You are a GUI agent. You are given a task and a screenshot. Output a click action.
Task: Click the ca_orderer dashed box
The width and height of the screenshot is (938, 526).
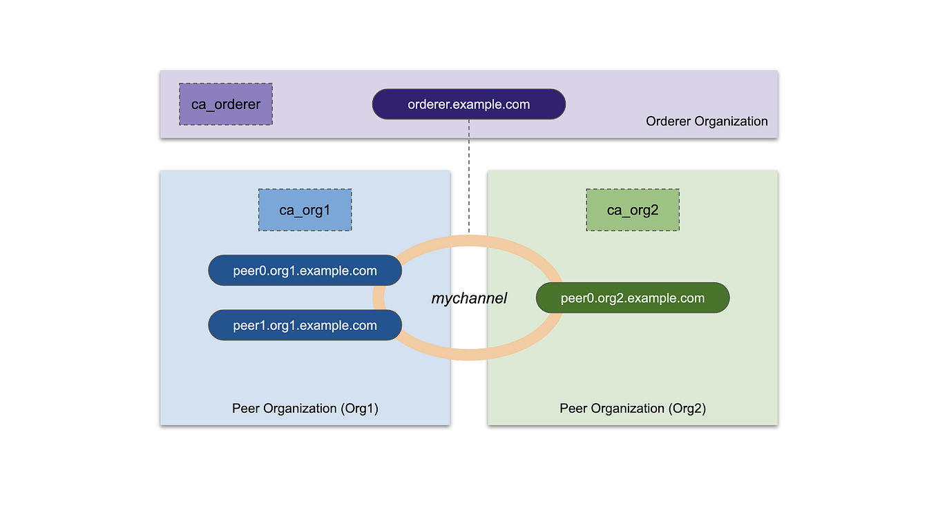click(226, 104)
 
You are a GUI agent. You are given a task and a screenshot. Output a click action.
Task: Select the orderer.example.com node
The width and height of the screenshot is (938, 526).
click(468, 104)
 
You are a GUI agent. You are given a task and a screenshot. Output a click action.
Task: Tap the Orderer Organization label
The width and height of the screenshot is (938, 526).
click(707, 121)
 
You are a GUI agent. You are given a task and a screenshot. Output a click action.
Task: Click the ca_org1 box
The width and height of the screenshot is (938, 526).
click(305, 210)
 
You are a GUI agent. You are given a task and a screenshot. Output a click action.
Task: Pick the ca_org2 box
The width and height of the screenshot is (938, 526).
click(633, 210)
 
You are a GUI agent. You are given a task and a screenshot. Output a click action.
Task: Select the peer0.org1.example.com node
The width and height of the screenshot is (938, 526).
click(305, 271)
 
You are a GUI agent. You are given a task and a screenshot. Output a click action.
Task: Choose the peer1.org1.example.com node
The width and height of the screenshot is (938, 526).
click(305, 325)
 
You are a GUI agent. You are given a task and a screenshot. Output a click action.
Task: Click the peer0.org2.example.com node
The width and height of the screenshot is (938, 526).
click(633, 298)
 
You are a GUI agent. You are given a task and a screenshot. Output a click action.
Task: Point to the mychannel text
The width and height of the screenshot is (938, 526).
click(469, 298)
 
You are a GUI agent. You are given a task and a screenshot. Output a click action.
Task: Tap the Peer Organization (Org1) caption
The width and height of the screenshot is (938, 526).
click(305, 408)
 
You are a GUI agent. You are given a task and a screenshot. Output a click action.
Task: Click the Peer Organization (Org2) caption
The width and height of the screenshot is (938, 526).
click(633, 408)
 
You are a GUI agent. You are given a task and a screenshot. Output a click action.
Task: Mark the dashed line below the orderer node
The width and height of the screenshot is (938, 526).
click(469, 176)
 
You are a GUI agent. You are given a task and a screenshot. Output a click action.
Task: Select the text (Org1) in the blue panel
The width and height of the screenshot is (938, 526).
click(359, 408)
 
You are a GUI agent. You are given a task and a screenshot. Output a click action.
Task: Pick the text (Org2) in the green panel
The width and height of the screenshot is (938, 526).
click(687, 408)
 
